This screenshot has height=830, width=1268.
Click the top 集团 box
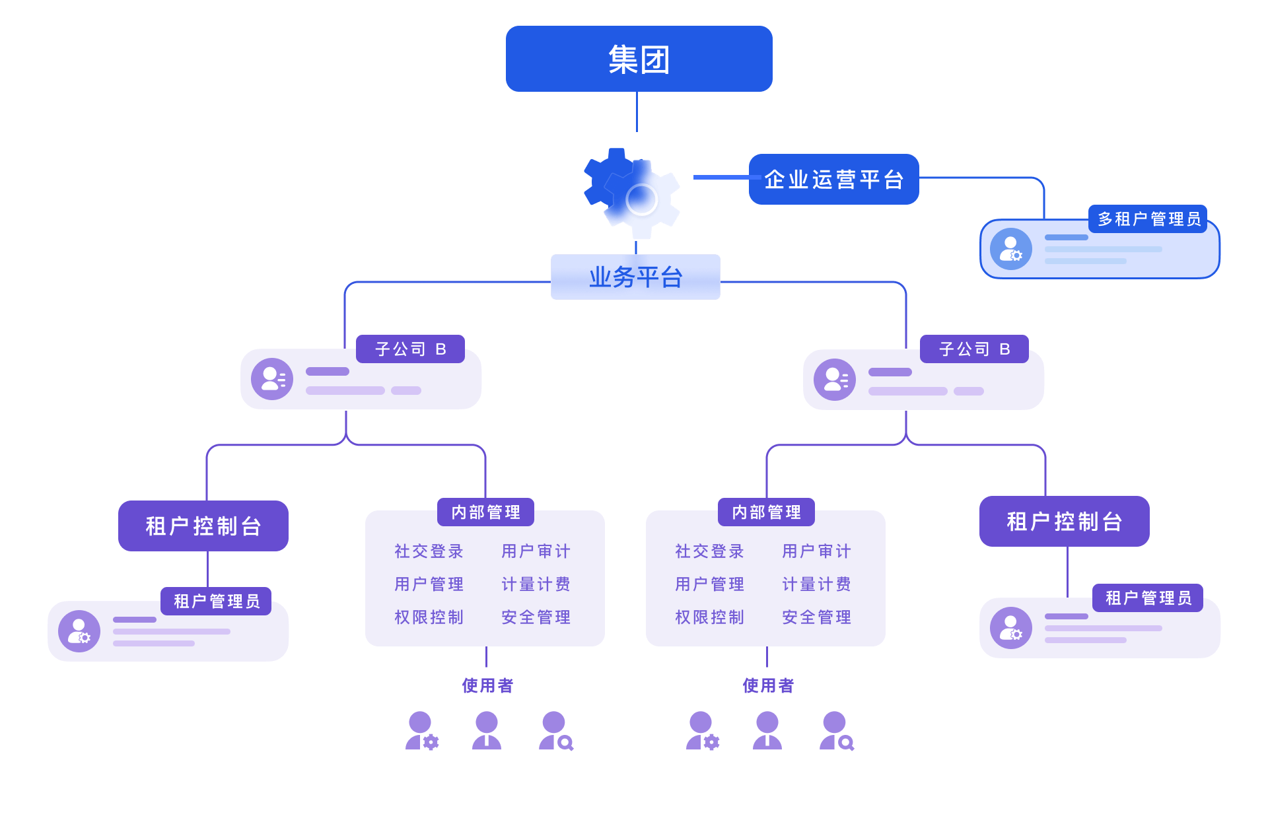[x=639, y=59]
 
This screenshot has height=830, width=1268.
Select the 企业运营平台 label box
[x=833, y=179]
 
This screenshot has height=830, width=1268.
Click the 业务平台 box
[x=635, y=277]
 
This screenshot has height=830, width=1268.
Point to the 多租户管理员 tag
[x=1148, y=219]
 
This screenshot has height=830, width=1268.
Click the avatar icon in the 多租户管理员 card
[x=1010, y=249]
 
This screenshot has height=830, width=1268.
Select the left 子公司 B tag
[x=410, y=349]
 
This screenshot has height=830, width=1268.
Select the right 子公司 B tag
[x=974, y=349]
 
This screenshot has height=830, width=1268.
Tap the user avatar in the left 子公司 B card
[x=272, y=379]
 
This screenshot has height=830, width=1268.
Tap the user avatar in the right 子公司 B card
[x=835, y=380]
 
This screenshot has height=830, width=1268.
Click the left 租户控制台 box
[x=203, y=526]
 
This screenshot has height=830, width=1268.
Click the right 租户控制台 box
[x=1064, y=521]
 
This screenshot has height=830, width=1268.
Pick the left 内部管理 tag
[x=485, y=512]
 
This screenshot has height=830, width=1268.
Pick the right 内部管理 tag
[x=766, y=512]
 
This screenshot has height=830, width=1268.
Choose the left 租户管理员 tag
[x=217, y=601]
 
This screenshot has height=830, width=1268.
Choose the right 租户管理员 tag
[x=1148, y=598]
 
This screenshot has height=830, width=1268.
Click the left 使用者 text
[x=487, y=685]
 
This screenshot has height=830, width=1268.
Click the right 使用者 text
[x=768, y=685]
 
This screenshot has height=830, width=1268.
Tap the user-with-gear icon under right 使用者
[x=703, y=731]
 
